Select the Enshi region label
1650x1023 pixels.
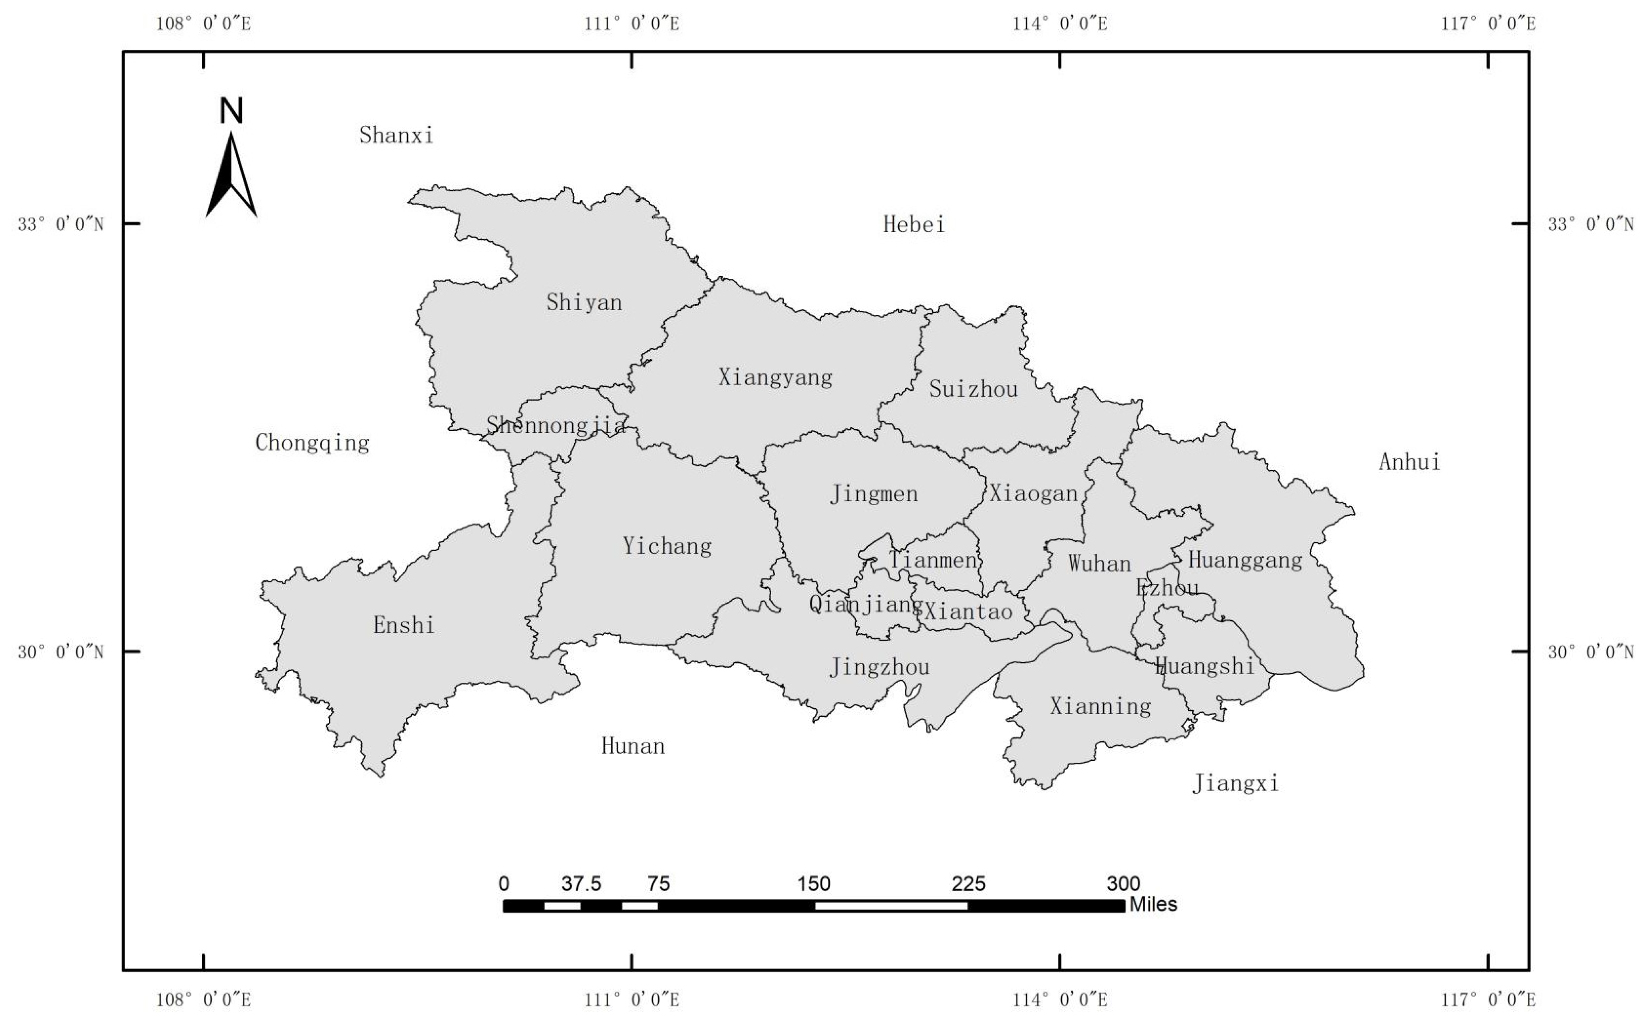tap(403, 625)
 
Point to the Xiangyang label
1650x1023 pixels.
tap(775, 377)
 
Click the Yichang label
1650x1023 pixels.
tap(667, 546)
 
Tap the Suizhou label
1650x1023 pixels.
tap(973, 388)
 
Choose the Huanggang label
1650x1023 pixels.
tap(1244, 560)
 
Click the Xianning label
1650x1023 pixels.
tap(1100, 707)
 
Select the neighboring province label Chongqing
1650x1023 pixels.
tap(312, 443)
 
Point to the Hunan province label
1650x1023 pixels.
tap(633, 746)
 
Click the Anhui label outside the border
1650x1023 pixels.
tap(1409, 462)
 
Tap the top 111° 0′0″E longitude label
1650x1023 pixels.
tap(632, 24)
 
